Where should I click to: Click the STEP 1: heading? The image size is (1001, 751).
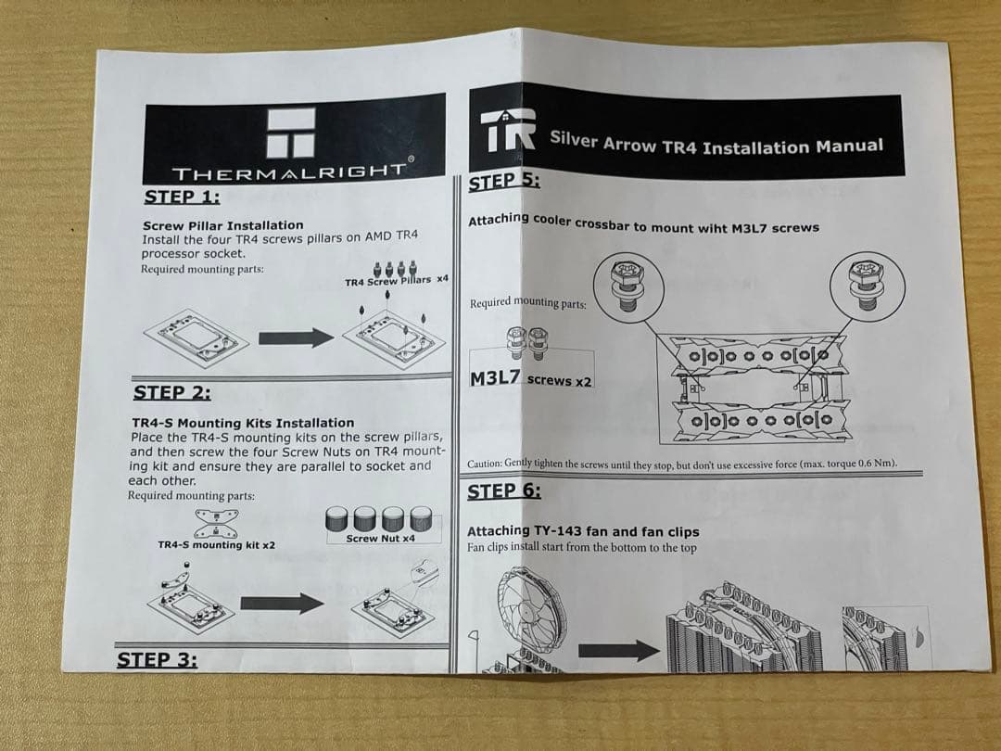point(183,197)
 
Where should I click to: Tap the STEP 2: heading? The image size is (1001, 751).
point(172,392)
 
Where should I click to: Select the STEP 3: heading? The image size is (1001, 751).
point(157,660)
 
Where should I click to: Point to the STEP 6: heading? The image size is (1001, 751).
point(505,491)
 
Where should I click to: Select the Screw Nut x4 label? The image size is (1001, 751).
point(380,538)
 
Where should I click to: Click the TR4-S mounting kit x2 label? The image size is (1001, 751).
point(216,545)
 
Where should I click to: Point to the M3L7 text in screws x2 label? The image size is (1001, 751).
point(496,378)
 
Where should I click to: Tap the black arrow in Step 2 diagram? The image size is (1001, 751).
point(282,604)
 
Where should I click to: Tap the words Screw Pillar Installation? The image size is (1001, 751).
point(222,225)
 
